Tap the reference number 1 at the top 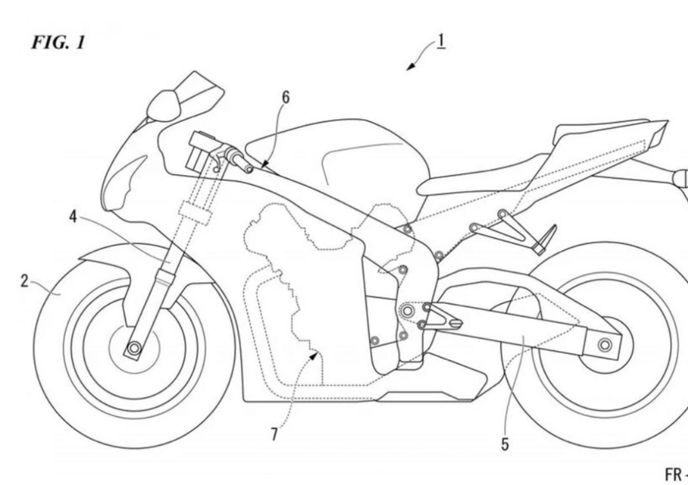tap(441, 41)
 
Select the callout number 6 tap(286, 97)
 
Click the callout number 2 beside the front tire tap(24, 281)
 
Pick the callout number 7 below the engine tap(274, 435)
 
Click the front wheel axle tap(134, 348)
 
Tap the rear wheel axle tap(604, 345)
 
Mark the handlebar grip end tap(248, 169)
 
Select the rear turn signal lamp tap(679, 175)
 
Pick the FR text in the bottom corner tap(673, 474)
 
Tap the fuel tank tap(341, 155)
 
